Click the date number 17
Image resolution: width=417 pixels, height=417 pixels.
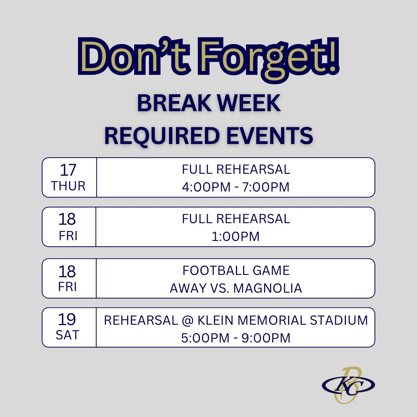click(68, 170)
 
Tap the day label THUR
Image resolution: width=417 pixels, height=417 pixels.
click(68, 186)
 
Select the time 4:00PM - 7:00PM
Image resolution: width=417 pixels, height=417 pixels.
click(236, 187)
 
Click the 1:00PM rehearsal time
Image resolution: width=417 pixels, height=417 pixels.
click(236, 236)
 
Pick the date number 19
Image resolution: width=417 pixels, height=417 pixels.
click(68, 320)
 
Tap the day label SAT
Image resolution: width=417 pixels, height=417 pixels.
click(68, 335)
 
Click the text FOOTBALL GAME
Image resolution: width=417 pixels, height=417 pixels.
click(236, 271)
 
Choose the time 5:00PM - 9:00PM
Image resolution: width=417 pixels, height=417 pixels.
click(236, 338)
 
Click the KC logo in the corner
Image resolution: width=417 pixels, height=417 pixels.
click(348, 384)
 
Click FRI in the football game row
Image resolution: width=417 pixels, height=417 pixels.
click(68, 287)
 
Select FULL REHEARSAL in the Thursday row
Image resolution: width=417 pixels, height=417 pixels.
click(236, 170)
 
